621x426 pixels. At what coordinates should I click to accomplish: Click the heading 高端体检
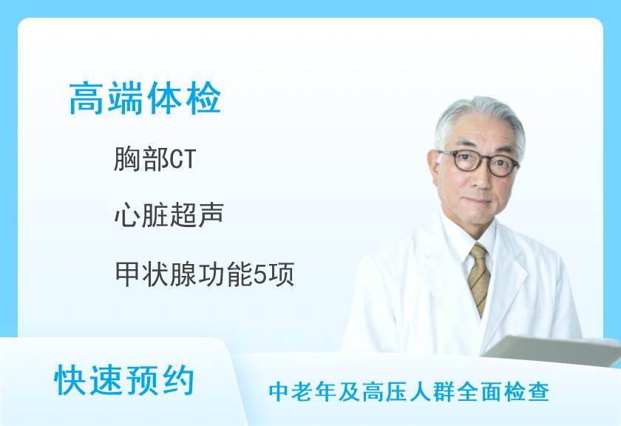(145, 98)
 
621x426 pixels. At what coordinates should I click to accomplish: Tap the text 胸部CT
(155, 159)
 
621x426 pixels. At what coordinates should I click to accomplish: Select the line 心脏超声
(169, 214)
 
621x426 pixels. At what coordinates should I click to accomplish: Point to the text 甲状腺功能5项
(204, 274)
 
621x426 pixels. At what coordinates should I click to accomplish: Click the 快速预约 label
(124, 380)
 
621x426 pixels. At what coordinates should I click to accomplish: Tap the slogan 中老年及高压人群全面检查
(409, 392)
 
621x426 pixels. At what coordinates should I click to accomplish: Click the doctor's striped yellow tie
(479, 277)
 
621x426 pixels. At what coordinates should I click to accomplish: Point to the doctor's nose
(480, 177)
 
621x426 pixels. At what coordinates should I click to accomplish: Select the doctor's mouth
(479, 201)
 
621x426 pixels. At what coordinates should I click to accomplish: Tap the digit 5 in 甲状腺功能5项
(259, 274)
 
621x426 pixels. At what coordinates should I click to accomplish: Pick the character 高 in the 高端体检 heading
(86, 98)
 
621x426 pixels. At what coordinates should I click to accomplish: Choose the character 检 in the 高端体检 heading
(203, 98)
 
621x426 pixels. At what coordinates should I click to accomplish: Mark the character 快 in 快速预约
(70, 380)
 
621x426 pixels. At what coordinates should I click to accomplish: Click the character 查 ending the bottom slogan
(539, 392)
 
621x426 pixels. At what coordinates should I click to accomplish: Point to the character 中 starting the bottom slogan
(279, 392)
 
